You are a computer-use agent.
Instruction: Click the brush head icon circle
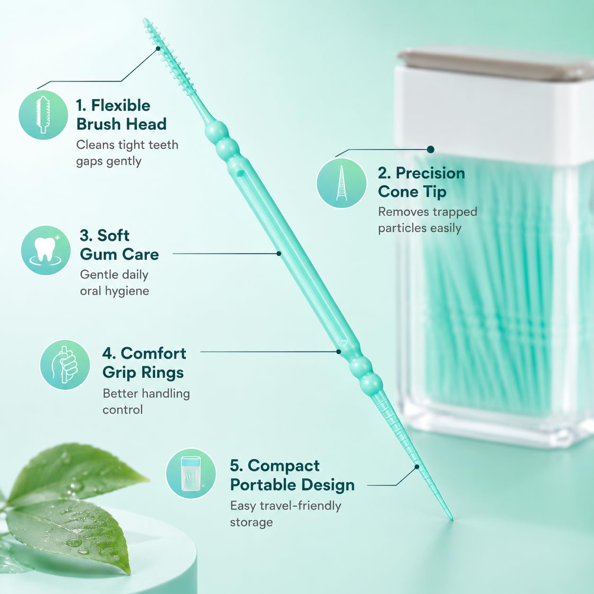click(x=43, y=115)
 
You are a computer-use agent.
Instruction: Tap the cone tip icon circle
click(x=342, y=183)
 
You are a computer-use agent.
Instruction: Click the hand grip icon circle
click(x=65, y=364)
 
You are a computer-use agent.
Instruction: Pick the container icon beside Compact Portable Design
click(x=191, y=473)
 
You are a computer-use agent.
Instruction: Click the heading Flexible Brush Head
click(x=121, y=115)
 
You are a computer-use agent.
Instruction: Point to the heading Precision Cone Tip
click(x=422, y=182)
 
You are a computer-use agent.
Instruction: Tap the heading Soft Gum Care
click(x=119, y=245)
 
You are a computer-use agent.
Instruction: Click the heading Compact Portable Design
click(x=292, y=475)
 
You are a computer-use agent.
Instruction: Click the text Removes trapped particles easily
click(x=428, y=220)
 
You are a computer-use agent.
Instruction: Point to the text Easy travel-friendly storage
click(x=286, y=514)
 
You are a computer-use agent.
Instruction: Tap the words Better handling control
click(x=146, y=401)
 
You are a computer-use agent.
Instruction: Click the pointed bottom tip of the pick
click(x=452, y=519)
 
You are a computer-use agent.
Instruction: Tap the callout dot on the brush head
click(x=158, y=48)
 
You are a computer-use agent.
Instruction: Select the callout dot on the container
click(x=431, y=150)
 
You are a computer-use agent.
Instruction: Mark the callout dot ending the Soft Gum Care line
click(x=279, y=253)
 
